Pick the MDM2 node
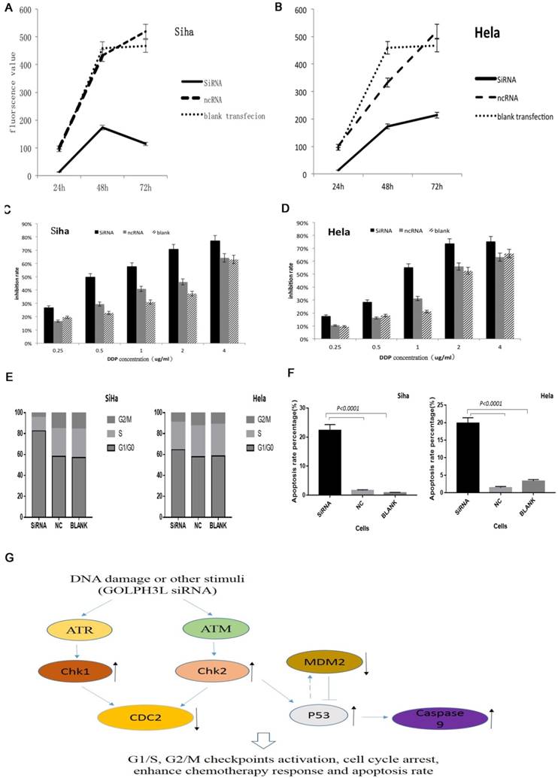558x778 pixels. [x=323, y=662]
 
